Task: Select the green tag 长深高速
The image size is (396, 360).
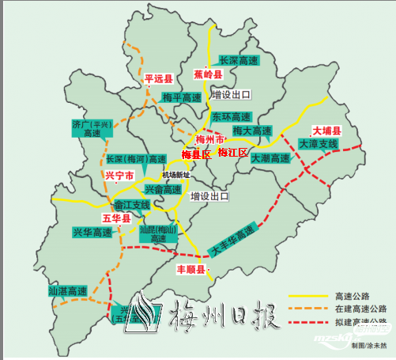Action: (239, 60)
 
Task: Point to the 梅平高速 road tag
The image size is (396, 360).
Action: (182, 97)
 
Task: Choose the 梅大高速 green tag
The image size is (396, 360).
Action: (252, 131)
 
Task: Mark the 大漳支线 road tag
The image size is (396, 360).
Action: (319, 144)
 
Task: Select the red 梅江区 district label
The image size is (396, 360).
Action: (233, 152)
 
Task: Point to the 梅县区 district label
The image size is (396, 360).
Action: (196, 154)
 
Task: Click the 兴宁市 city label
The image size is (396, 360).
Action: (119, 175)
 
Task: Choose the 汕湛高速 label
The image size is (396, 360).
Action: (68, 292)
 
